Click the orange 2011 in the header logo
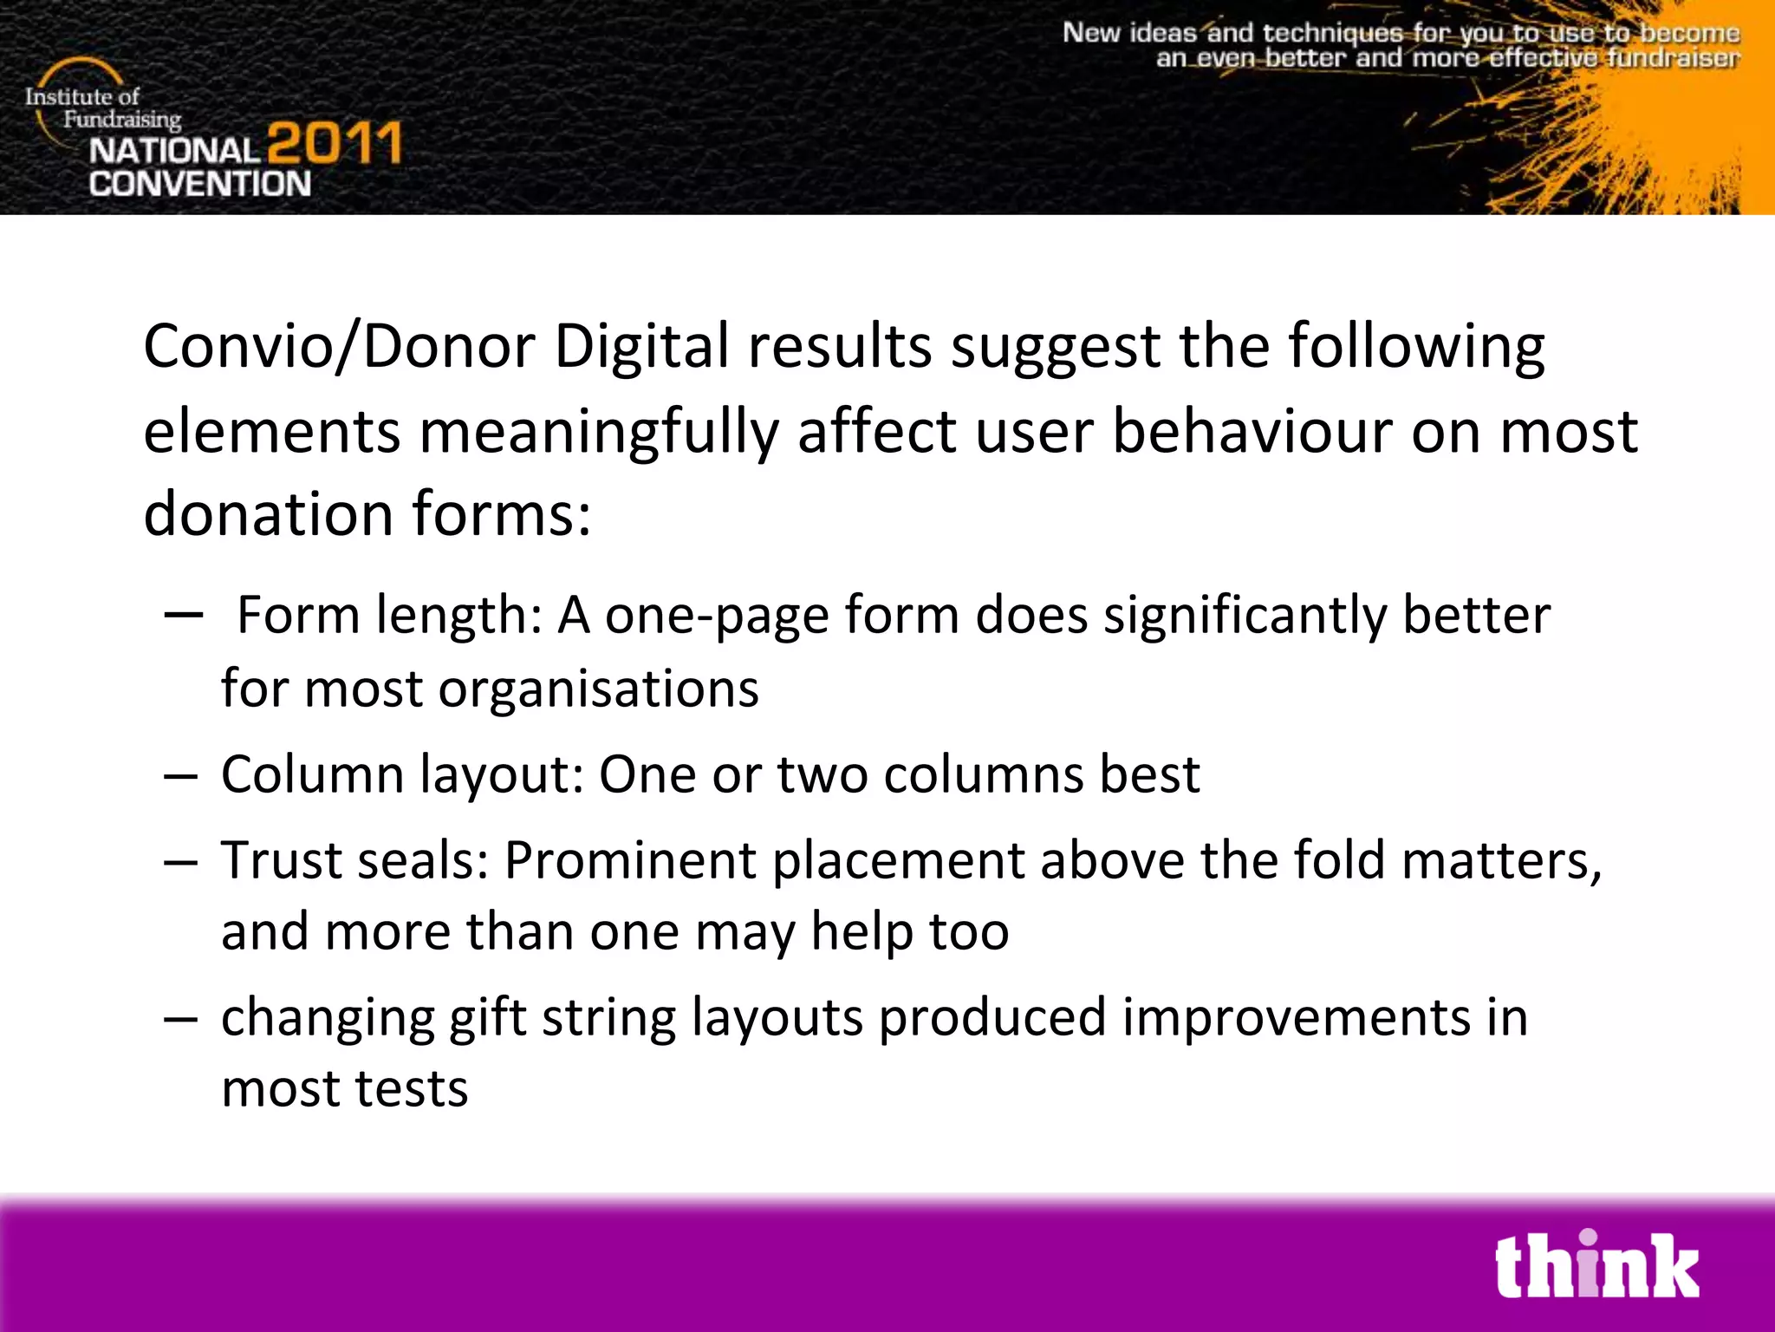334,144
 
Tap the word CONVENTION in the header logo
199,184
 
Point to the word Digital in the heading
641,347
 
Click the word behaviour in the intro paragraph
1252,431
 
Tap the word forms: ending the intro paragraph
501,513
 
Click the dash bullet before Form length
183,616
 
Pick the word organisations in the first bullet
598,689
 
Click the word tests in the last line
411,1089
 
